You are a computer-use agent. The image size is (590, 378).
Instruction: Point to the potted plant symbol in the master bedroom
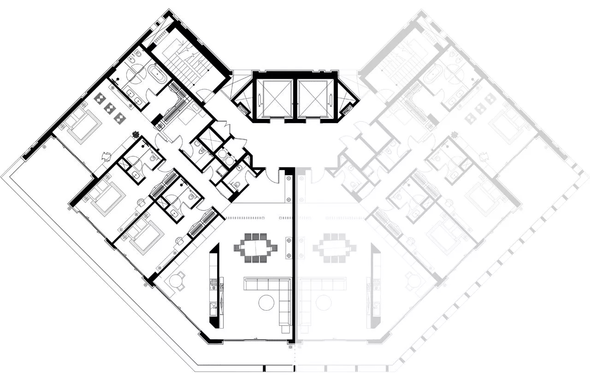[136, 135]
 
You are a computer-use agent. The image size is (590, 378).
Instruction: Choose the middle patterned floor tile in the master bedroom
[110, 108]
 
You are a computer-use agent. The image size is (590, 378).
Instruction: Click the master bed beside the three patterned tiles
[83, 125]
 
